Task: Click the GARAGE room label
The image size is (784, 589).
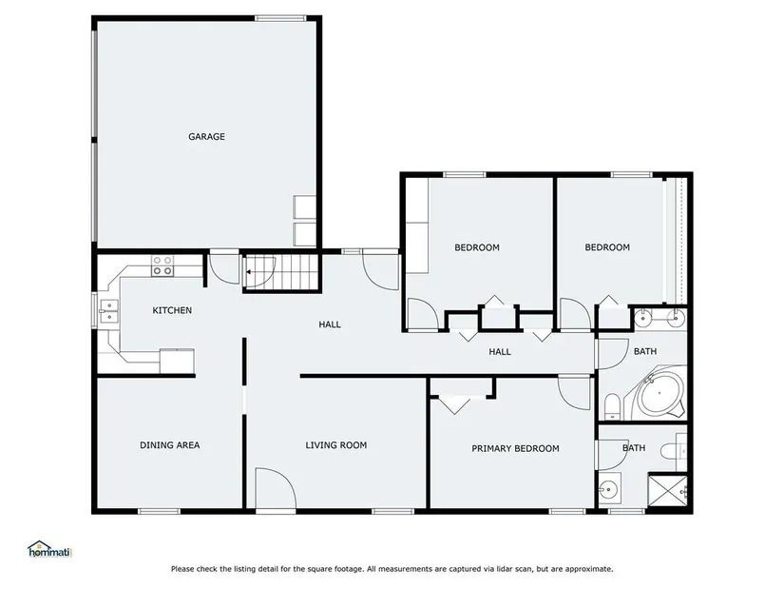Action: tap(206, 136)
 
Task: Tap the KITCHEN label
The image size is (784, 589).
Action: tap(172, 310)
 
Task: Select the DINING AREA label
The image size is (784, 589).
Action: tap(169, 444)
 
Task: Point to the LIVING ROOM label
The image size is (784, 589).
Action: tap(336, 444)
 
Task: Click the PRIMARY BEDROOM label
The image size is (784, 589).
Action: tap(515, 448)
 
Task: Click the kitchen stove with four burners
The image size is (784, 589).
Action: tap(163, 265)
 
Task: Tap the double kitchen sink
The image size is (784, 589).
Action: tap(108, 311)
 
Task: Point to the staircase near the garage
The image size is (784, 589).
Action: tap(282, 272)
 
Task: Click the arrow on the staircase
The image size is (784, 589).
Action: tap(248, 272)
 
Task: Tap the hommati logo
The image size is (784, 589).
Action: tap(50, 549)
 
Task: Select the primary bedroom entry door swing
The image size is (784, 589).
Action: tap(575, 393)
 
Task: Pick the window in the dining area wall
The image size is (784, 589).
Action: tap(159, 511)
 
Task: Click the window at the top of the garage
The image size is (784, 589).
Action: tap(280, 18)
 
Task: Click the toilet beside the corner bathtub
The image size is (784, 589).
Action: tap(613, 406)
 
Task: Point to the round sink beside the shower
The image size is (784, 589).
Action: tap(609, 487)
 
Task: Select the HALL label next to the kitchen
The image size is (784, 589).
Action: tap(330, 324)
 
